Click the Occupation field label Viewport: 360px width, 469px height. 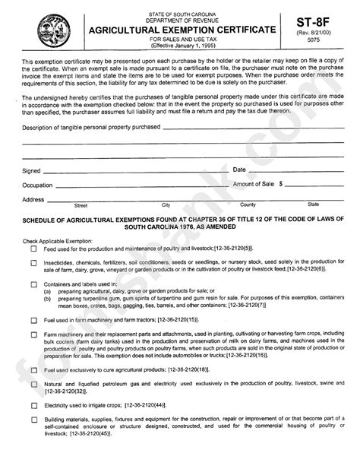click(x=38, y=185)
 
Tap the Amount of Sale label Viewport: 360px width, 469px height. click(x=255, y=184)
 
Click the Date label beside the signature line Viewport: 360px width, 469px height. click(x=239, y=170)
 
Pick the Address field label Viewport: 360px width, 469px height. click(x=33, y=199)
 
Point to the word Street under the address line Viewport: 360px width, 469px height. click(x=81, y=205)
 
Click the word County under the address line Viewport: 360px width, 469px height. click(x=248, y=205)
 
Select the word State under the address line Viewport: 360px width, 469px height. click(x=313, y=205)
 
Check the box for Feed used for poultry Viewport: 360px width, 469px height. click(x=33, y=249)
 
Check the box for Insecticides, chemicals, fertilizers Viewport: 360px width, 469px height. click(x=33, y=263)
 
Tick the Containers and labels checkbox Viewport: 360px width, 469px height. click(x=33, y=284)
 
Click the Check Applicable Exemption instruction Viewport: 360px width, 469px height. click(x=58, y=240)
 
